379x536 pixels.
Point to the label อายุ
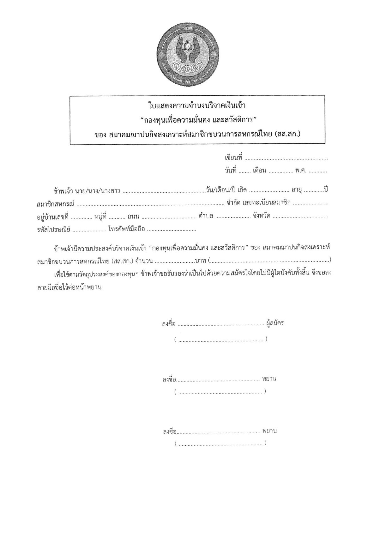tap(297, 190)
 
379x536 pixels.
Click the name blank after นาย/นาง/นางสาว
tap(164, 192)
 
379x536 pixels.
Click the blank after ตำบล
tap(233, 218)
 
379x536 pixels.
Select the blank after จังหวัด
tap(300, 218)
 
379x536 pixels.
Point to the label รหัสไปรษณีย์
tap(53, 229)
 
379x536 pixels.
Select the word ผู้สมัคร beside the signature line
tap(275, 323)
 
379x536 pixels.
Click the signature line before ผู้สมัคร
tap(221, 325)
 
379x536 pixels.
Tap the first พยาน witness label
tap(269, 379)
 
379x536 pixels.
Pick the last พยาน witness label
tap(269, 431)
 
